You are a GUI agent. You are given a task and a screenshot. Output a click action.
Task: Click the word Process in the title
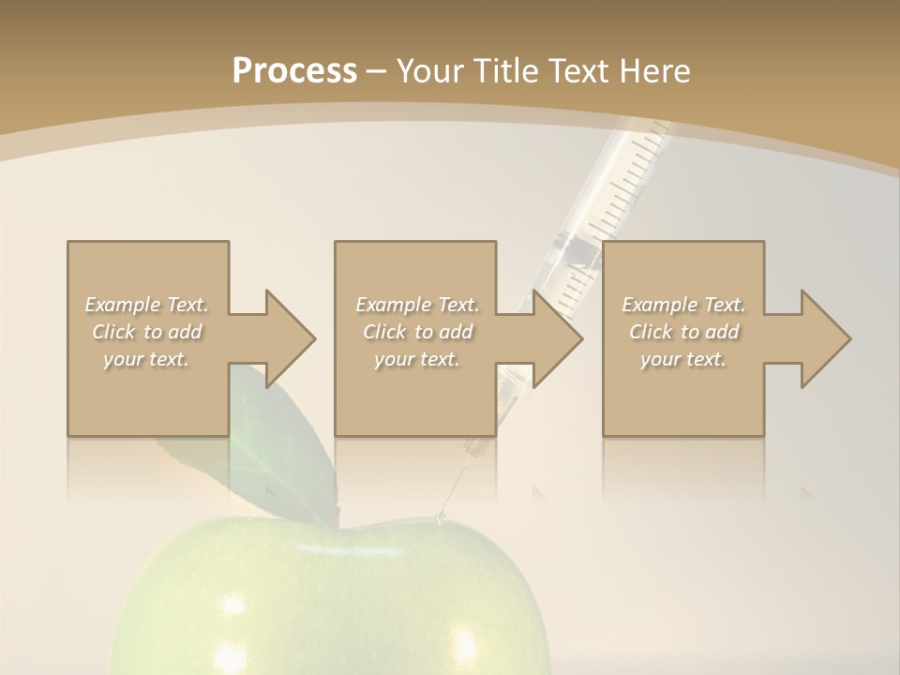[x=294, y=70]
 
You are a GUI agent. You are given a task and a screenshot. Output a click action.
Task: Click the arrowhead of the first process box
[x=291, y=338]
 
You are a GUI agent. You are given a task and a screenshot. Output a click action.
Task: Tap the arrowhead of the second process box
[x=559, y=338]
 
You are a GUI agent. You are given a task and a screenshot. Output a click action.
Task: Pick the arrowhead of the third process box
[x=826, y=338]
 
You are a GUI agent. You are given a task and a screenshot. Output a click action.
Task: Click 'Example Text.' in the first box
[x=146, y=305]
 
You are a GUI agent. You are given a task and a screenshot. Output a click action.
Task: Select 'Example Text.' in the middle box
[x=417, y=305]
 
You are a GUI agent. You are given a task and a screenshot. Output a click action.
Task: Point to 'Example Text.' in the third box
[x=683, y=305]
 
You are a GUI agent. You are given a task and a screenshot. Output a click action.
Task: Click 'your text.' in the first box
[x=146, y=359]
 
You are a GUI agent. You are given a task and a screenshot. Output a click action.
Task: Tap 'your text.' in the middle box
[x=417, y=359]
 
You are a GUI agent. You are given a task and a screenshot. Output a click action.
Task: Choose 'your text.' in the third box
[x=683, y=359]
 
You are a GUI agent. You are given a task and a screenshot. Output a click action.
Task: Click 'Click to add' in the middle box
[x=417, y=332]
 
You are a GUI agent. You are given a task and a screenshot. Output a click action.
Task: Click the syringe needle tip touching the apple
[x=440, y=516]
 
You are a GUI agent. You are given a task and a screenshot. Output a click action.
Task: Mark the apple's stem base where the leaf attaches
[x=334, y=520]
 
